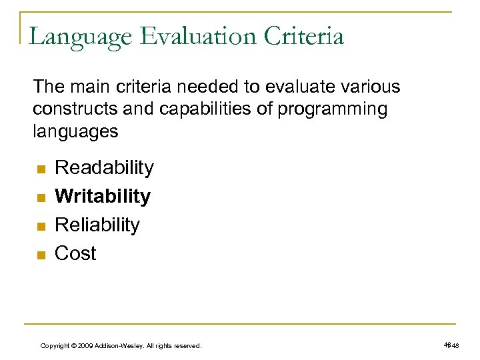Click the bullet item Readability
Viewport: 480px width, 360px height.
coord(104,167)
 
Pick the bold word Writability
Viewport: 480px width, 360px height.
coord(103,196)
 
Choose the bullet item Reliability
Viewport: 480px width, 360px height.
coord(97,225)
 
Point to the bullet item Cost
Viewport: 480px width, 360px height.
coord(75,253)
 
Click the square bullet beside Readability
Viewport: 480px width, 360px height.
coord(39,169)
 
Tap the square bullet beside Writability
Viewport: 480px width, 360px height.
coord(39,198)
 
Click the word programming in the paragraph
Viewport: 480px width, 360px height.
coord(331,109)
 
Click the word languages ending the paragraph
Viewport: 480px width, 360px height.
coord(75,131)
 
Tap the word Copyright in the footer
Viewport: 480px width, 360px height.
coord(56,346)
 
